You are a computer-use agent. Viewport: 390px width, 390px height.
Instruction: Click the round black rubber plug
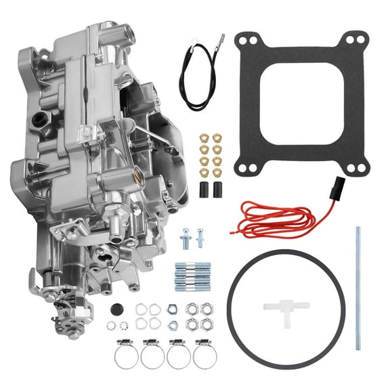coord(116,309)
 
